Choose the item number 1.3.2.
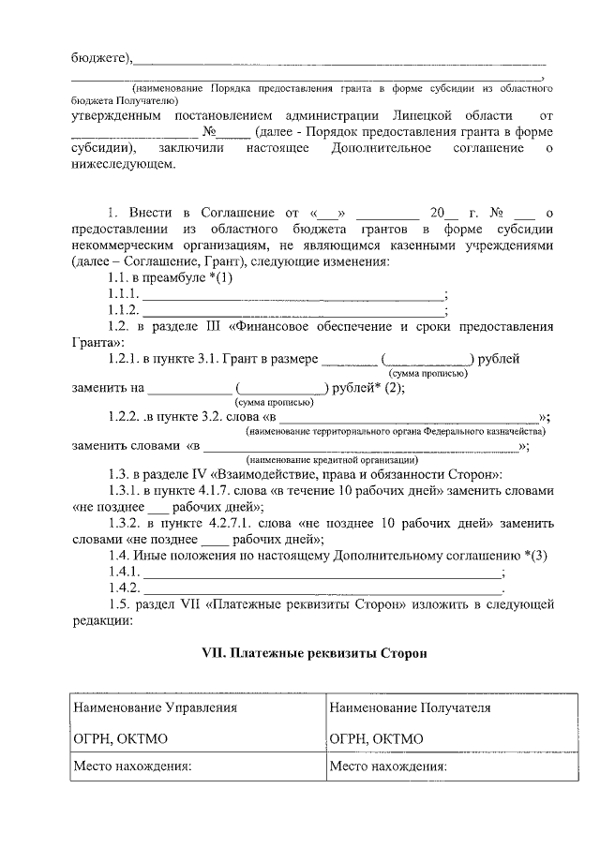tap(127, 524)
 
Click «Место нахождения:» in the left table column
tap(132, 767)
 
